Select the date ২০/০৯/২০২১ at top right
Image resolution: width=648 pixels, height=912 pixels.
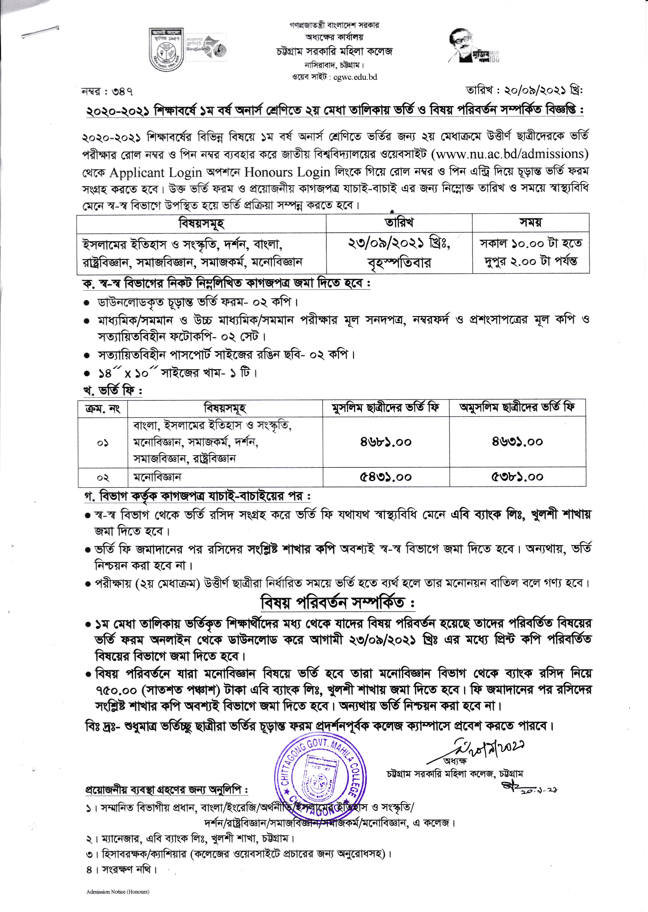[x=535, y=90]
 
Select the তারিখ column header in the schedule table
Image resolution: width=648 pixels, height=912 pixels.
[x=399, y=222]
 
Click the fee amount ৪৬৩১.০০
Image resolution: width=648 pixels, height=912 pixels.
[x=517, y=442]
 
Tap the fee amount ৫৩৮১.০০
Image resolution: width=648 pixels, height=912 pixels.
[x=517, y=477]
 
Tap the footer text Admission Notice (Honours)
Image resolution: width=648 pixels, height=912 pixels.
[x=118, y=892]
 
